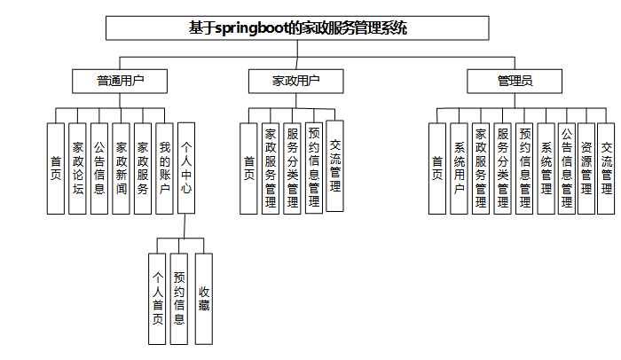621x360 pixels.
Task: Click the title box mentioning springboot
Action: click(x=297, y=27)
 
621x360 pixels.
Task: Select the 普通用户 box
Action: click(x=120, y=82)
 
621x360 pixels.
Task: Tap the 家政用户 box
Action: click(x=295, y=82)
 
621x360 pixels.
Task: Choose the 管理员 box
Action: click(x=515, y=82)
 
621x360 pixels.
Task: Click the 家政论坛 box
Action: click(x=77, y=168)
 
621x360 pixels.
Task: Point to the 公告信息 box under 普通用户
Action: click(x=99, y=168)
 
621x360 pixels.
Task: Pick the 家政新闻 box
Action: click(x=122, y=168)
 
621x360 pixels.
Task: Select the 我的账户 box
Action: click(x=164, y=168)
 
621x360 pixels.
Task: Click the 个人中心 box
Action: click(x=187, y=168)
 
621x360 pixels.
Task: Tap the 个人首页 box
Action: click(x=158, y=300)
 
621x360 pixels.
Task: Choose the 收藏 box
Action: click(x=204, y=300)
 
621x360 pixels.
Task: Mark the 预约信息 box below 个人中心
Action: click(x=180, y=300)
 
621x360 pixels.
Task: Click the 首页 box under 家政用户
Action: click(x=248, y=168)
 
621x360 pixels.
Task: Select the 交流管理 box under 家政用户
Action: click(x=334, y=166)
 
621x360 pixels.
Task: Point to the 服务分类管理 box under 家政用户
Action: click(x=292, y=168)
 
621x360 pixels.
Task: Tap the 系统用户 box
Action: click(x=459, y=168)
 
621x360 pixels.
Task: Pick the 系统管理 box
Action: click(x=546, y=168)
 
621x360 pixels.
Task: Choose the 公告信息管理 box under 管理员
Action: click(x=566, y=168)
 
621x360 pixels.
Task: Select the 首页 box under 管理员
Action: click(x=436, y=168)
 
